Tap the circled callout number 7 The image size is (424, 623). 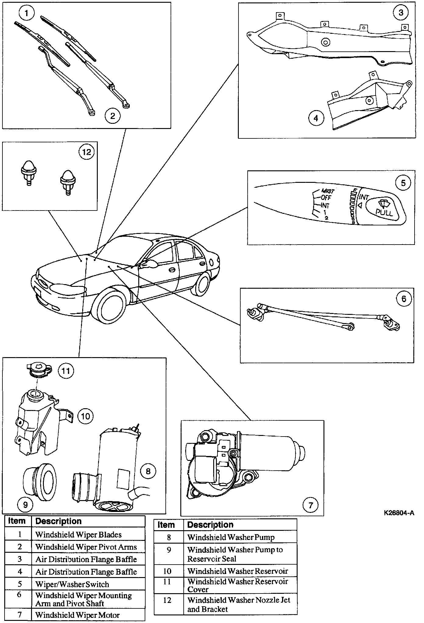coord(310,505)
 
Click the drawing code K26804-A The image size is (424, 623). coord(399,513)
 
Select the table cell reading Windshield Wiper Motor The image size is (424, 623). coord(77,615)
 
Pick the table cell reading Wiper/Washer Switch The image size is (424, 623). coord(72,584)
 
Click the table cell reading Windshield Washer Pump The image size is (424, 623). coord(231,537)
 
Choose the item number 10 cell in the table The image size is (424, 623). coord(168,571)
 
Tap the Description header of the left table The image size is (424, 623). coord(58,521)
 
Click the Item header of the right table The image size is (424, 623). coord(166,525)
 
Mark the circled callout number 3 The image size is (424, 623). coord(401,12)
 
